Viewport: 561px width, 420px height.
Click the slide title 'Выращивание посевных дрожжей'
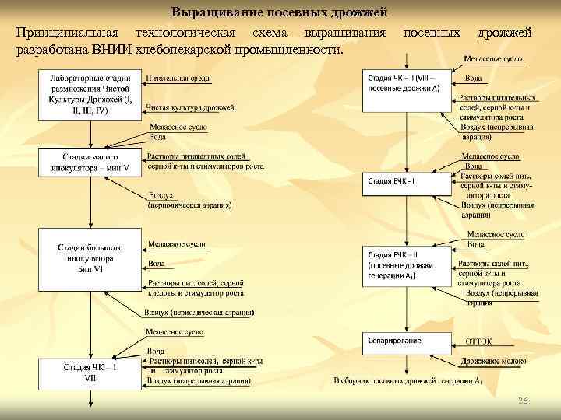pyautogui.click(x=279, y=13)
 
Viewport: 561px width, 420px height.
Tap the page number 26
pyautogui.click(x=523, y=400)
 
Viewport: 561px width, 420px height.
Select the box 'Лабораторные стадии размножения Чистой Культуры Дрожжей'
pyautogui.click(x=90, y=95)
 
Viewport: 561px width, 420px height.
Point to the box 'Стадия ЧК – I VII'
pyautogui.click(x=90, y=373)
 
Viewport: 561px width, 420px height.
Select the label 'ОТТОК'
pyautogui.click(x=478, y=341)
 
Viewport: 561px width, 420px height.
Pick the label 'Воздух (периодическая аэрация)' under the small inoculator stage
pyautogui.click(x=189, y=201)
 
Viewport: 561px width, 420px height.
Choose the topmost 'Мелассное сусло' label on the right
pyautogui.click(x=492, y=60)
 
